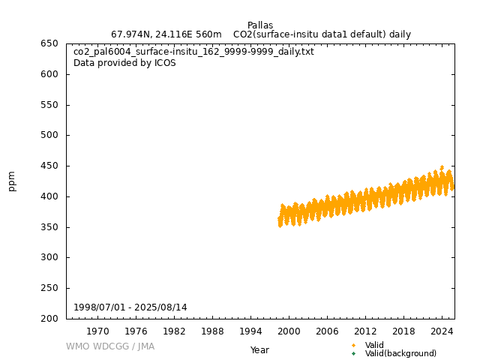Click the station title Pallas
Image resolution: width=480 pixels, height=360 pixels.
click(260, 25)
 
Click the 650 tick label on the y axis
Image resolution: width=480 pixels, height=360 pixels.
click(49, 43)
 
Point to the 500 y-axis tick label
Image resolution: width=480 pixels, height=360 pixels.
click(49, 136)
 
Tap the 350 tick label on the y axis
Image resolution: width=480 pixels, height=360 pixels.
click(49, 227)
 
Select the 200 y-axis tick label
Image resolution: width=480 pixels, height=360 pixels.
click(49, 319)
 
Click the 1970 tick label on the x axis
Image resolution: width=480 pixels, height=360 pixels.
click(97, 331)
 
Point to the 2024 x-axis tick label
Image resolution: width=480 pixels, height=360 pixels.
click(442, 331)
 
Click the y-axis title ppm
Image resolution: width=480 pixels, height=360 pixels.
click(12, 181)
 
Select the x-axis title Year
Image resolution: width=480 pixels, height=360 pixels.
click(259, 350)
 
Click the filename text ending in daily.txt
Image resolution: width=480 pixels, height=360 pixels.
click(193, 52)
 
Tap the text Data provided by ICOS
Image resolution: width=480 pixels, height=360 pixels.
click(124, 63)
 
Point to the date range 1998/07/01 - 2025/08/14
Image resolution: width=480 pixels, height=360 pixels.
click(140, 307)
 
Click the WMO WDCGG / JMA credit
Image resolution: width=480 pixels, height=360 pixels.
click(110, 346)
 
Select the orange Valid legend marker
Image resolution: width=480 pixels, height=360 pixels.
click(353, 345)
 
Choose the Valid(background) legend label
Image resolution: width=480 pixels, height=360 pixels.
click(400, 353)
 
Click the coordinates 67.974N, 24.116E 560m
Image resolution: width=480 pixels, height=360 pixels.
click(166, 34)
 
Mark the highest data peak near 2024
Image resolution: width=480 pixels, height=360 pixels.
click(442, 166)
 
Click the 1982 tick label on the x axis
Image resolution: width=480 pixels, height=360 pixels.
click(174, 331)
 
